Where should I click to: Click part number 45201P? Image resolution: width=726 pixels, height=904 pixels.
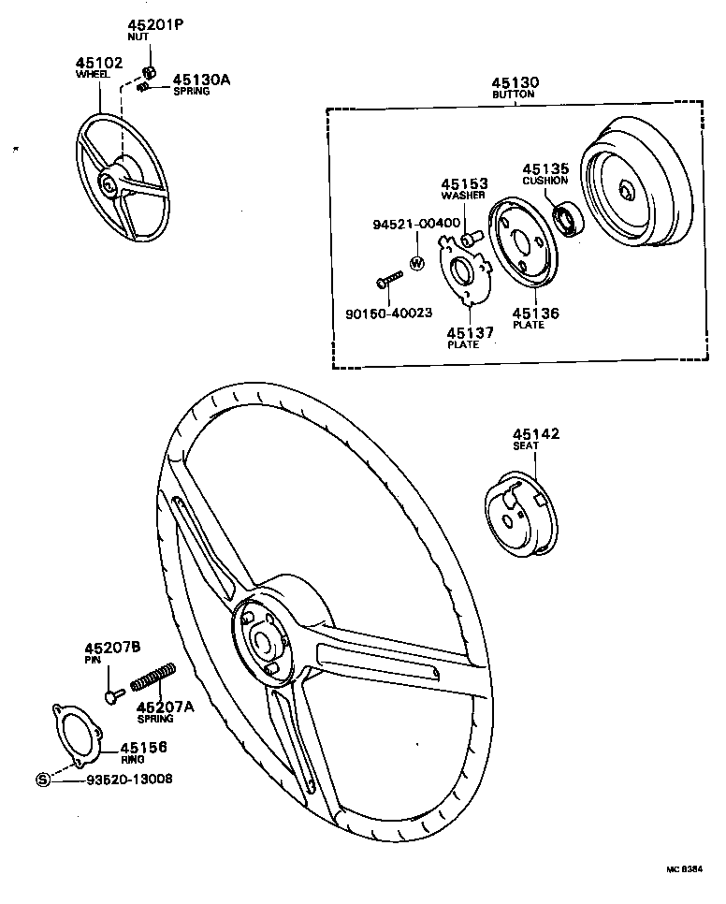pyautogui.click(x=154, y=25)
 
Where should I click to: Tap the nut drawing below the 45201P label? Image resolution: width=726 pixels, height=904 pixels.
pyautogui.click(x=149, y=73)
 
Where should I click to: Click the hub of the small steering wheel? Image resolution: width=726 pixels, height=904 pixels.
pyautogui.click(x=110, y=185)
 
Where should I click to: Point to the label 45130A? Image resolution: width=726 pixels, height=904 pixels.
pyautogui.click(x=200, y=80)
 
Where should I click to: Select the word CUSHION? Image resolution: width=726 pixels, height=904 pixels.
pyautogui.click(x=544, y=181)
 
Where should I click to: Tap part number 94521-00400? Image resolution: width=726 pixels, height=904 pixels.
pyautogui.click(x=415, y=225)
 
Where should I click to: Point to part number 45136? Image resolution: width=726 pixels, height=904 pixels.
pyautogui.click(x=535, y=313)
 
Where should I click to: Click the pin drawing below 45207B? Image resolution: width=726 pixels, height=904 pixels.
pyautogui.click(x=113, y=695)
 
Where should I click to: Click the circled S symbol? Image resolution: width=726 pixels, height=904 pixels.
pyautogui.click(x=42, y=779)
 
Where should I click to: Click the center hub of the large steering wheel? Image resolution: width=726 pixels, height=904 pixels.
pyautogui.click(x=261, y=639)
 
